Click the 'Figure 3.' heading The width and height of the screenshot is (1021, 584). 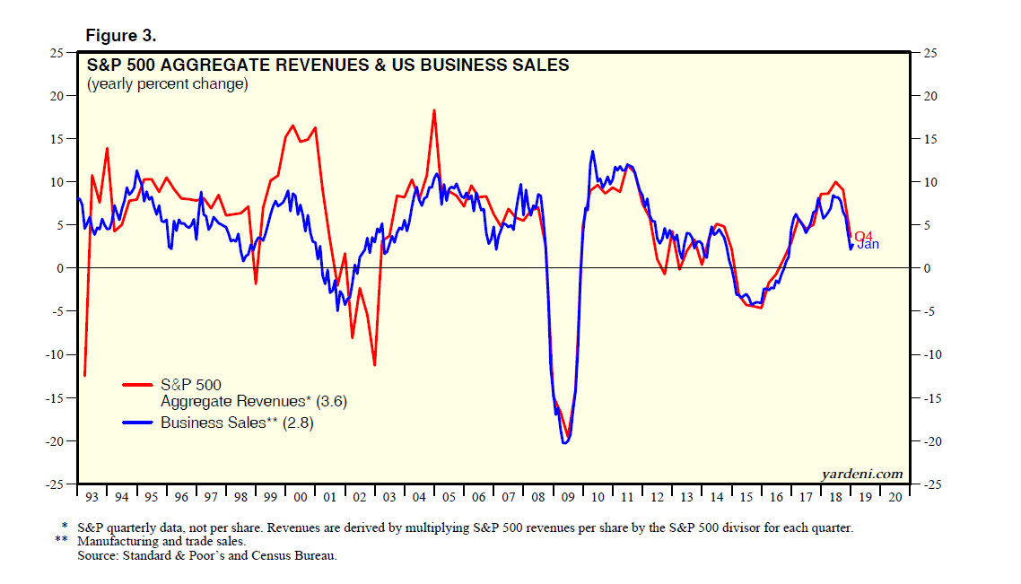coord(121,36)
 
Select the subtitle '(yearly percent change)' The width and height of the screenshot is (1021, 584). coord(167,84)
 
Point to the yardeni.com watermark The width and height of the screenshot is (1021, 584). coord(861,474)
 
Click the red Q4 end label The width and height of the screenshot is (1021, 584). coord(863,236)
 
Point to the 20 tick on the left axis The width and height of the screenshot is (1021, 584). coord(57,96)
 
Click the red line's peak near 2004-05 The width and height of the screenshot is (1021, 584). coord(434,110)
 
